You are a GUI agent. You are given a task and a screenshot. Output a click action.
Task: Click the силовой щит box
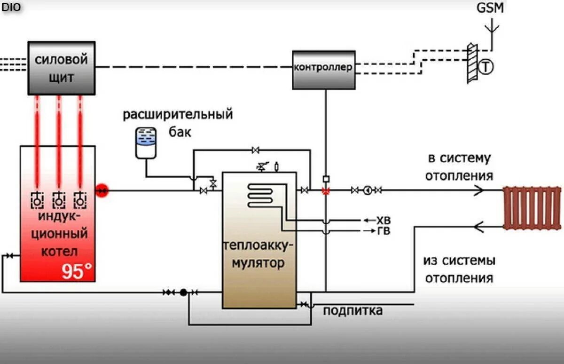pos(62,68)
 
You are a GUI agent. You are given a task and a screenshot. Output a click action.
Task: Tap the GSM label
pos(490,8)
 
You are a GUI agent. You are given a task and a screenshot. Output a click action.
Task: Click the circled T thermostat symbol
pos(486,68)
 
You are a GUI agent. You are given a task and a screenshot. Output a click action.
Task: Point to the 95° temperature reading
pos(77,271)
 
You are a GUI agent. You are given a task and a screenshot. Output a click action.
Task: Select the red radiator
pos(532,207)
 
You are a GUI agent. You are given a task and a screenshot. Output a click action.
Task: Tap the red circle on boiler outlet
pos(102,190)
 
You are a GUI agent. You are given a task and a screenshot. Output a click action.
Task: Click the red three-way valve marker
pos(325,190)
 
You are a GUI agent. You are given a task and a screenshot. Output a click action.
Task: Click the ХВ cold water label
pos(384,220)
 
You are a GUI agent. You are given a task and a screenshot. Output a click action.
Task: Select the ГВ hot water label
pos(384,231)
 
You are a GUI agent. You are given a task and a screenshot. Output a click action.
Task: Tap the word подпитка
pos(352,311)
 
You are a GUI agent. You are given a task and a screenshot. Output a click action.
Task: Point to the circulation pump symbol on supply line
pos(368,190)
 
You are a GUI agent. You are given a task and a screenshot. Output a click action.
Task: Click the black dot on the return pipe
pos(183,293)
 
